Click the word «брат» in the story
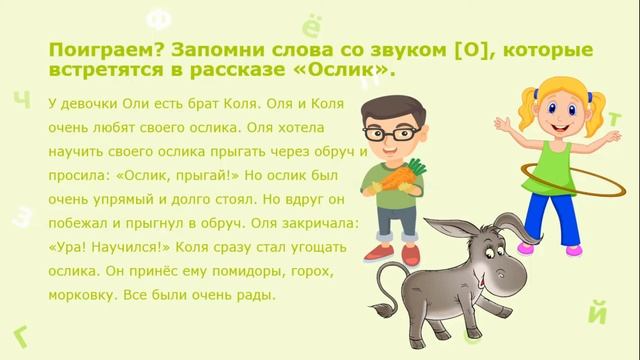(188, 102)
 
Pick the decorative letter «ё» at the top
(310, 24)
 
